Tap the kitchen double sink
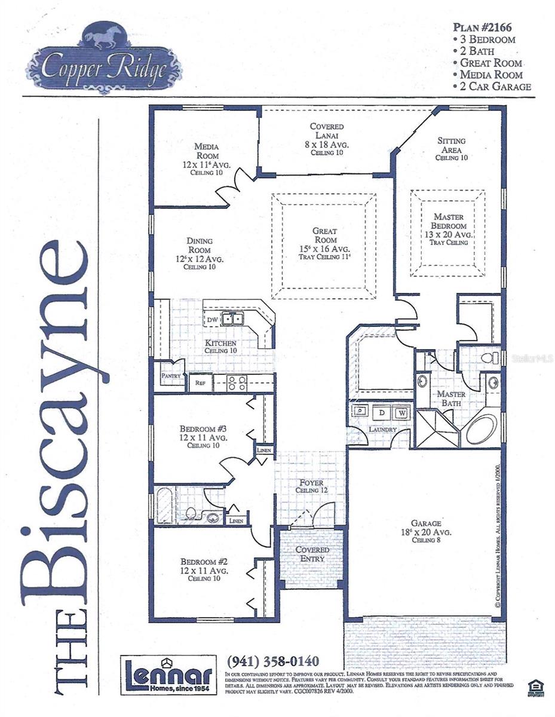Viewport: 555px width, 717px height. [x=232, y=318]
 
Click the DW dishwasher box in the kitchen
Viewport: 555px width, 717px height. [x=212, y=320]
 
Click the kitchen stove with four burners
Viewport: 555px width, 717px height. [x=236, y=383]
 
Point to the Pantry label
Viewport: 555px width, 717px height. [x=171, y=376]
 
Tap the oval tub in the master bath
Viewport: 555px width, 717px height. [x=482, y=428]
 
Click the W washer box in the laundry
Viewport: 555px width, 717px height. [x=400, y=412]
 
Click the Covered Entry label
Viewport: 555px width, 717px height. [x=312, y=554]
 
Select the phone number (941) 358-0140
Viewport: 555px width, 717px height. [x=273, y=661]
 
